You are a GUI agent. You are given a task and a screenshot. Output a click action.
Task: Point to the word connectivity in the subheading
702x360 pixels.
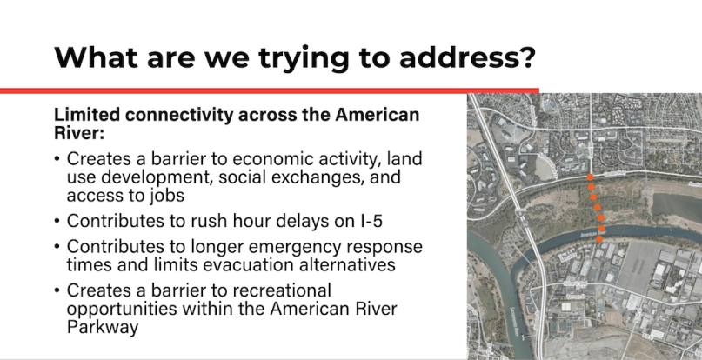point(181,115)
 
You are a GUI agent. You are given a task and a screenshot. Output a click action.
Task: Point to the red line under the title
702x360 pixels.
point(270,90)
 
